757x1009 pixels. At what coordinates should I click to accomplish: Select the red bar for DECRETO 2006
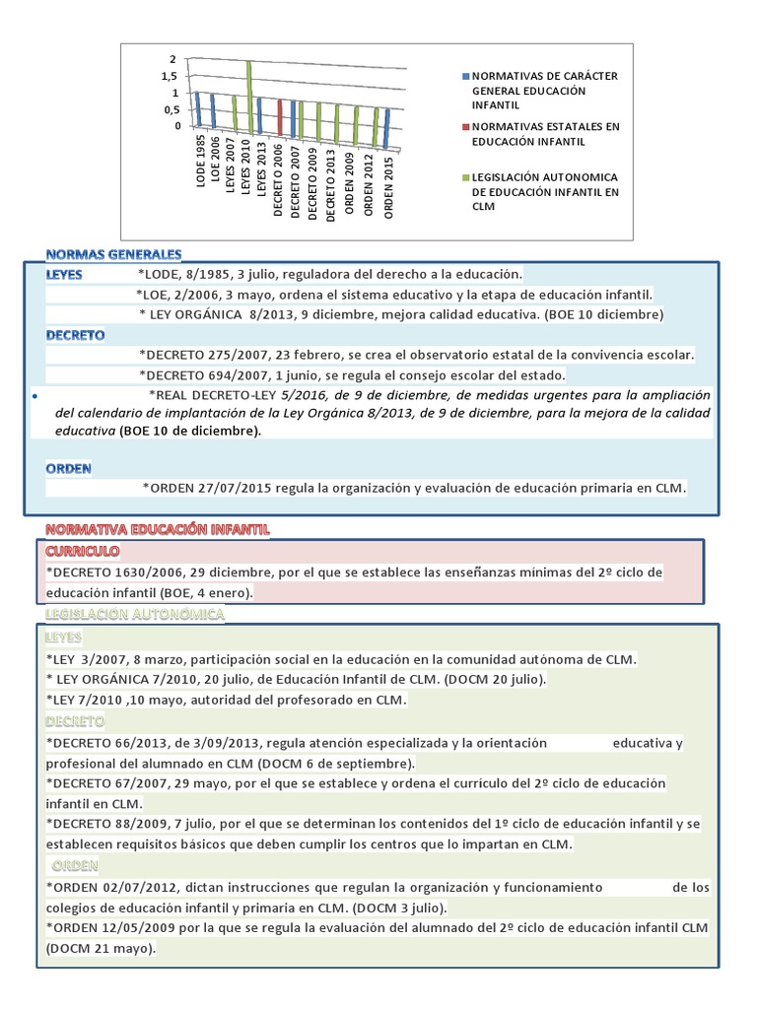coord(280,118)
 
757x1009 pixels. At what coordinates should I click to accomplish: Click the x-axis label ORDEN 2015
coord(389,187)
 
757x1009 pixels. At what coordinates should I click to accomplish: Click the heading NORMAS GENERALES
coord(113,254)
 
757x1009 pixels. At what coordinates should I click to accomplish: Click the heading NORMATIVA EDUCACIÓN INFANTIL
coord(158,530)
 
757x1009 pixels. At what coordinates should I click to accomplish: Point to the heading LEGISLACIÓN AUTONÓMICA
coord(135,615)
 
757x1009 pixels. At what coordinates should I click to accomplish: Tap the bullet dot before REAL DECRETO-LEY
coord(34,396)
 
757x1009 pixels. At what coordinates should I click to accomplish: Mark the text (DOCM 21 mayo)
coord(101,949)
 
